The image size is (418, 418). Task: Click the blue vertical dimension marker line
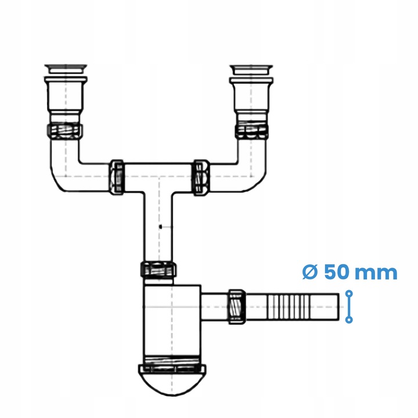pos(349,307)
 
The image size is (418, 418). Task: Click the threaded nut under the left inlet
pos(64,130)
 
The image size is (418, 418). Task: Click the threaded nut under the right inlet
pos(252,131)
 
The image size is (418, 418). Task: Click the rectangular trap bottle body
pos(171,319)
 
